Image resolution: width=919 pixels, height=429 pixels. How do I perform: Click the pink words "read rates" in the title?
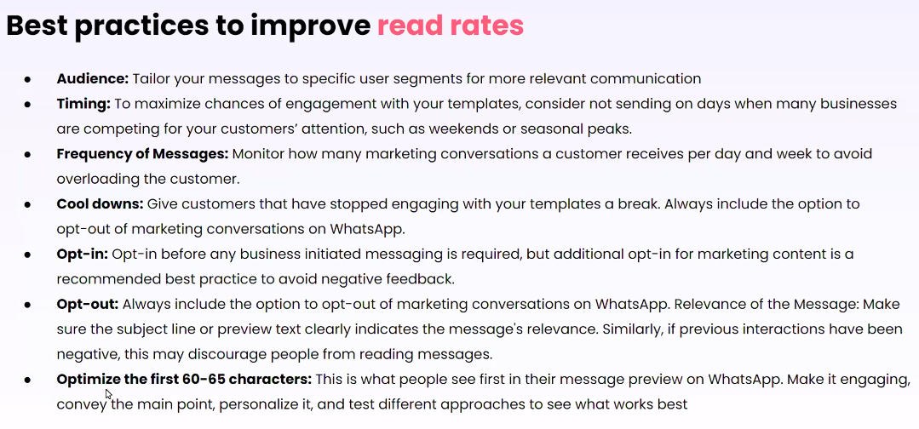point(450,26)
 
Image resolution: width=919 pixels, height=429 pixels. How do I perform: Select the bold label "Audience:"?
point(93,78)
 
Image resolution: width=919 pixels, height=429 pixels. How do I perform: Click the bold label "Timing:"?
point(83,104)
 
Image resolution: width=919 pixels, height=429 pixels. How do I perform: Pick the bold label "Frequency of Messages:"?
point(142,154)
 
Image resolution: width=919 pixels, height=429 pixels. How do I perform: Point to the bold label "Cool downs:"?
point(101,204)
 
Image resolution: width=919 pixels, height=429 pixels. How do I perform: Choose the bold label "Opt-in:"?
point(83,255)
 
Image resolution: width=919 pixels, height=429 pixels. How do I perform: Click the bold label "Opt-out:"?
point(88,305)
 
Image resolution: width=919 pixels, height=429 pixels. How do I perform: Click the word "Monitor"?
point(257,154)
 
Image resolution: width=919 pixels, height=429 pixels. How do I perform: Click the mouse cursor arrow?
point(108,394)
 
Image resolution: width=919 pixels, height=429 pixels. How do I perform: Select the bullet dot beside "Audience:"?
point(27,79)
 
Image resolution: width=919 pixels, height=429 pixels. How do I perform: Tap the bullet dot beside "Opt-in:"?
point(27,255)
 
